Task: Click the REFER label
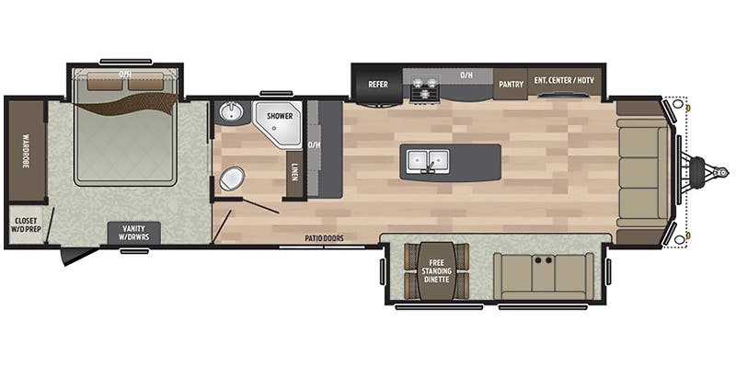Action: pyautogui.click(x=378, y=85)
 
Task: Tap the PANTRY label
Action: pyautogui.click(x=511, y=85)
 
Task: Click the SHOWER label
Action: pyautogui.click(x=280, y=117)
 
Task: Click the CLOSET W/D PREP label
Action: pyautogui.click(x=23, y=224)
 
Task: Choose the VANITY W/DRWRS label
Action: pyautogui.click(x=134, y=232)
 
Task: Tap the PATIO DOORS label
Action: pyautogui.click(x=325, y=239)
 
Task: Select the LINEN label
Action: pyautogui.click(x=294, y=171)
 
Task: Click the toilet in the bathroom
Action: pyautogui.click(x=232, y=178)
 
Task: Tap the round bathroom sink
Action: pyautogui.click(x=229, y=113)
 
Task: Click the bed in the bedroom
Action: pyautogui.click(x=125, y=138)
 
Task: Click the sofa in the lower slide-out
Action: pyautogui.click(x=543, y=273)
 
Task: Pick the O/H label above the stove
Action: pyautogui.click(x=466, y=73)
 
